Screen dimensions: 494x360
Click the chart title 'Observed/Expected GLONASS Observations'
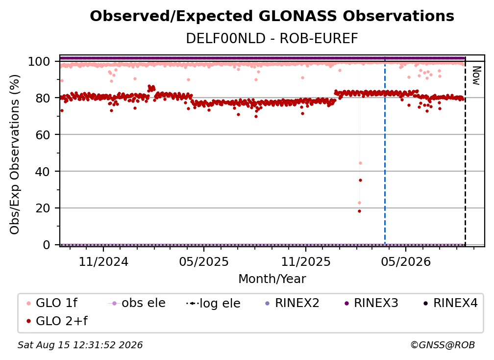click(272, 16)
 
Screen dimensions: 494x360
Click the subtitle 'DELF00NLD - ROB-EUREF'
click(272, 39)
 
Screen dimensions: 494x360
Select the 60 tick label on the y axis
click(43, 135)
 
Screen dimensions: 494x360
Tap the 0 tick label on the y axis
click(47, 245)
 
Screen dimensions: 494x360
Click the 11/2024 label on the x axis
click(103, 261)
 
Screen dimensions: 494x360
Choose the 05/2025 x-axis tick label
click(204, 261)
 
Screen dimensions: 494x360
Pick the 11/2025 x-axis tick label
click(306, 261)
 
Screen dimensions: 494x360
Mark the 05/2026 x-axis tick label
click(405, 261)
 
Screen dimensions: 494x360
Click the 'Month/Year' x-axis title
click(272, 279)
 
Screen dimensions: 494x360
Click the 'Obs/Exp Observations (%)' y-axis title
click(15, 154)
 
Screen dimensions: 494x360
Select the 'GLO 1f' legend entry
click(52, 303)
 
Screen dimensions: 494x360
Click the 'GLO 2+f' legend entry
click(57, 321)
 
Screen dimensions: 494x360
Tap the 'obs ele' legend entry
click(137, 303)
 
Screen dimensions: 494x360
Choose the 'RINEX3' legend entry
click(371, 303)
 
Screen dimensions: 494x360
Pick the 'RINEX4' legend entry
click(450, 303)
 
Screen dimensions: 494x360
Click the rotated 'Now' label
click(476, 76)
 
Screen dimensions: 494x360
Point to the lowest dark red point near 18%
click(360, 211)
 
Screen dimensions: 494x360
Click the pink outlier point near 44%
click(360, 163)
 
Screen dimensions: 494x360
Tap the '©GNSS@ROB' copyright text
click(443, 345)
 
